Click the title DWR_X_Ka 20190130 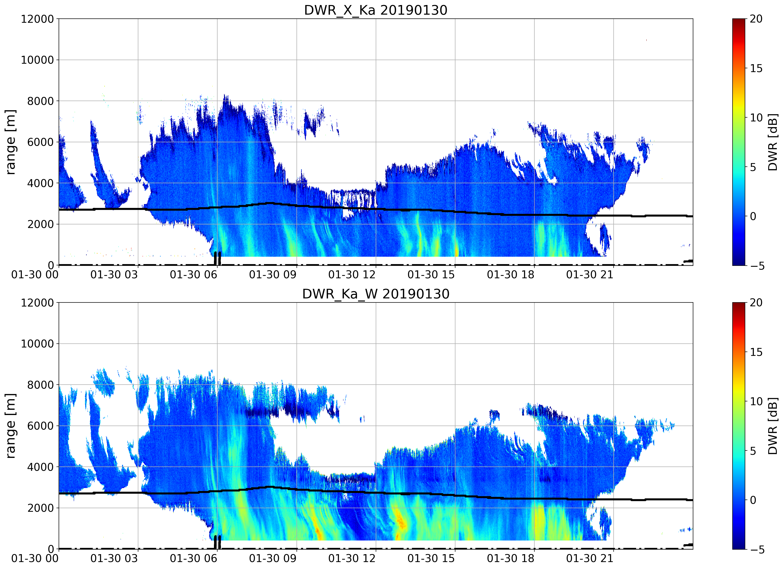tap(376, 10)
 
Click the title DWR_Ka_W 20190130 tap(376, 294)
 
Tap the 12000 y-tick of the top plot tap(37, 19)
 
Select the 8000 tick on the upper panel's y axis tap(40, 101)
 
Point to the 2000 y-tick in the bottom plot tap(40, 508)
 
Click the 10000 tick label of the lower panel tap(37, 344)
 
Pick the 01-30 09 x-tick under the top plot tap(273, 275)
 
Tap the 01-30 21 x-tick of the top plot tap(590, 275)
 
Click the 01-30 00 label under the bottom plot tap(35, 559)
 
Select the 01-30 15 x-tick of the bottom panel tap(431, 559)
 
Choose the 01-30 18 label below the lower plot tap(510, 559)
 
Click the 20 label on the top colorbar tap(756, 19)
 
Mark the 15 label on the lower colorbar tap(756, 352)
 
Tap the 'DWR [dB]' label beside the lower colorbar tap(773, 426)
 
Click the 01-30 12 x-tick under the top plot tap(352, 275)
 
